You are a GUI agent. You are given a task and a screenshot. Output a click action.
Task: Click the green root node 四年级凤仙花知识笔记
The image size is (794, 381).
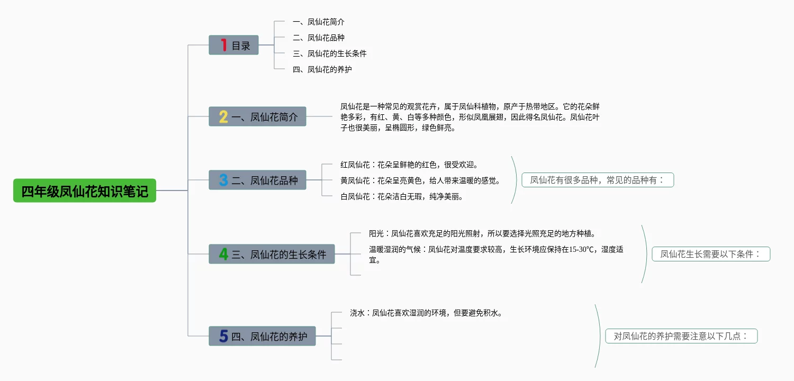click(85, 190)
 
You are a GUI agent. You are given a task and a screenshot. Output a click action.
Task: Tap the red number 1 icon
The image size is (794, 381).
click(224, 46)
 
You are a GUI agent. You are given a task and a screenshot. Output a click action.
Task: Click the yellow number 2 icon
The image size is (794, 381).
click(223, 116)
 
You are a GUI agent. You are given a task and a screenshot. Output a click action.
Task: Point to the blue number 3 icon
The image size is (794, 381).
click(223, 180)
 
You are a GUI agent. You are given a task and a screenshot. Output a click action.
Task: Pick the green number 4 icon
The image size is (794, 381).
click(223, 254)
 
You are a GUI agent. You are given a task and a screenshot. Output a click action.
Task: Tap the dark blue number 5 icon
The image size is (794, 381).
click(223, 336)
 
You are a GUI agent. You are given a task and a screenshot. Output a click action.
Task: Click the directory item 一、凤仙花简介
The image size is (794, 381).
click(319, 22)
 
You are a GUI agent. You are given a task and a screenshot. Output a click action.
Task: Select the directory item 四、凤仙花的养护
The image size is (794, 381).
click(322, 69)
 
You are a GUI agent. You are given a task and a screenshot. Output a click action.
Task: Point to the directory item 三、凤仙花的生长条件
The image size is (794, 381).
click(330, 53)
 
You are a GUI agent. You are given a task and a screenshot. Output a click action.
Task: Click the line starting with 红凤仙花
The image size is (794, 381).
click(409, 165)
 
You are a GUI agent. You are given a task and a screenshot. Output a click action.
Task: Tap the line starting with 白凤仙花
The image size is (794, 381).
click(402, 197)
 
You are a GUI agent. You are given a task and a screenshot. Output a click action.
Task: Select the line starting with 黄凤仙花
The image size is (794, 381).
click(420, 180)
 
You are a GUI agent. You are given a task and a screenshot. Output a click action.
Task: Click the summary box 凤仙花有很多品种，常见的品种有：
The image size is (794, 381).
click(598, 180)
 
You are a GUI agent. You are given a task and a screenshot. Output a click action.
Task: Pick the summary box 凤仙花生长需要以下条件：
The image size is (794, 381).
click(710, 254)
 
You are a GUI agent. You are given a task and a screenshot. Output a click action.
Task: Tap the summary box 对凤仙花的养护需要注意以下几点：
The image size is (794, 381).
click(681, 336)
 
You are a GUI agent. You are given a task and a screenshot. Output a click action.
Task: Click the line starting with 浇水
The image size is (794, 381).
click(426, 313)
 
